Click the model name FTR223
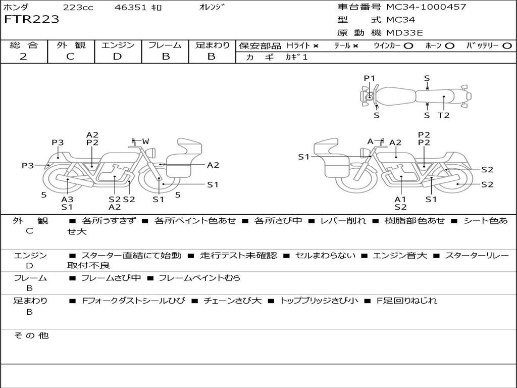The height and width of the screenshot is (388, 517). point(31,20)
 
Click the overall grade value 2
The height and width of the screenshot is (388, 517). point(23,56)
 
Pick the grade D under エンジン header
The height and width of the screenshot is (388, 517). point(117,56)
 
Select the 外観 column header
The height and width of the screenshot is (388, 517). point(71,45)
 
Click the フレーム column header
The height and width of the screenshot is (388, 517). point(165,45)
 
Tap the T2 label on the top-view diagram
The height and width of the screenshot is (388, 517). point(443,115)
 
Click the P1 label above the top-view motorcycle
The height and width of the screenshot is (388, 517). point(370,78)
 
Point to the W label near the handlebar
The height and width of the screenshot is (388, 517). point(145,141)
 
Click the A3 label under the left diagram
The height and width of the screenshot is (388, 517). point(67,199)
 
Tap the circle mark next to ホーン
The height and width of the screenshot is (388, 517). point(449,45)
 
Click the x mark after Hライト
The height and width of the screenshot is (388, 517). point(316,45)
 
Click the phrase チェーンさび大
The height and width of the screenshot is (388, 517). point(232,301)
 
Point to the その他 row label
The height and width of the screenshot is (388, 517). point(31,335)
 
